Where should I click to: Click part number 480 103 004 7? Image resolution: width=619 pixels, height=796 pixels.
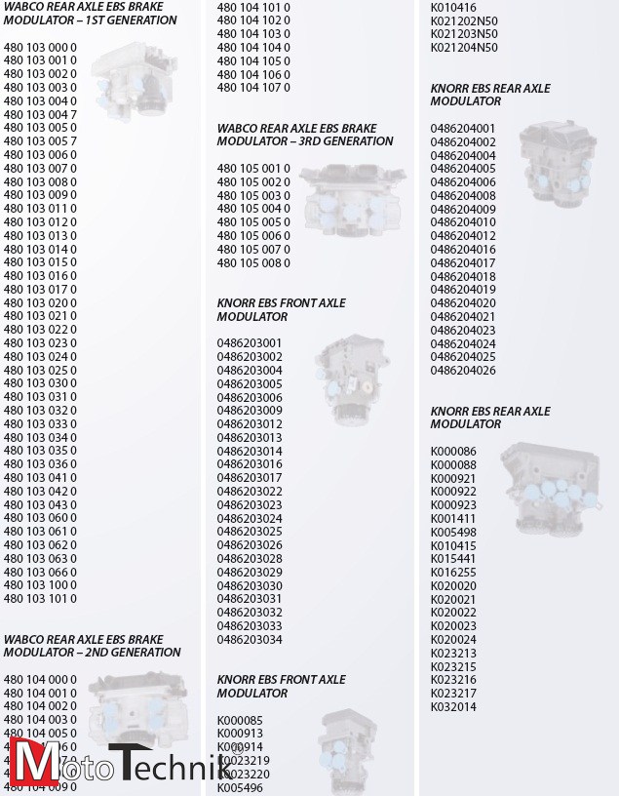click(40, 114)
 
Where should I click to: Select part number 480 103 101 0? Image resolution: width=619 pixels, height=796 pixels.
click(40, 599)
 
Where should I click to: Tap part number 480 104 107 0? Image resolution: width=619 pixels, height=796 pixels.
click(253, 88)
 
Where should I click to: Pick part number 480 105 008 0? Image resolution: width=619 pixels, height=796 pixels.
click(253, 263)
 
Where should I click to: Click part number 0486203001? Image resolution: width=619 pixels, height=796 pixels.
click(250, 343)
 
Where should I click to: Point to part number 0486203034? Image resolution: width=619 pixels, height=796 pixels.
click(250, 640)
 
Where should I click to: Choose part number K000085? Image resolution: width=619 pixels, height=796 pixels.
click(240, 721)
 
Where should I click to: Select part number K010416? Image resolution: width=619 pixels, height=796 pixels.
click(453, 7)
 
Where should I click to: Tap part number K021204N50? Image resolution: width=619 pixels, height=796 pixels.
click(464, 47)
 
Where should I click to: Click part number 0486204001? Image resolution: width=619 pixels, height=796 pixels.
click(463, 129)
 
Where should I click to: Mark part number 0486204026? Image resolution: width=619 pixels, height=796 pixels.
click(463, 371)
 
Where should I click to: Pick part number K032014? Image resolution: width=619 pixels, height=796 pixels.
click(453, 707)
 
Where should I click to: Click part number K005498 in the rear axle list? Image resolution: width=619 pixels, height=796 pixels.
click(453, 533)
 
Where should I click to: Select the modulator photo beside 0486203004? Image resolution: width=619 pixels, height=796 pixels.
click(352, 378)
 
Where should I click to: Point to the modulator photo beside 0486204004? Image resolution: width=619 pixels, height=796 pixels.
click(556, 162)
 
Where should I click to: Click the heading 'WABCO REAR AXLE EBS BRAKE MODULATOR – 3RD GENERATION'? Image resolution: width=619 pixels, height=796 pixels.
click(304, 135)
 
